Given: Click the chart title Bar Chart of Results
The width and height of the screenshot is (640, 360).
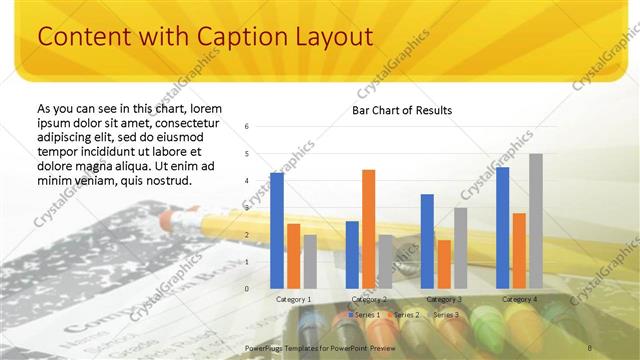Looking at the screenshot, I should (402, 110).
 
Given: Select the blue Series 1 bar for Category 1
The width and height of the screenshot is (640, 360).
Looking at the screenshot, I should (277, 230).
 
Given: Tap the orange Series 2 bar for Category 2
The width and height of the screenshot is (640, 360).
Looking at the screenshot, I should (368, 229).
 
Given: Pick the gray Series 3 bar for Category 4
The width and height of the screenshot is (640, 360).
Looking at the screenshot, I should (536, 221).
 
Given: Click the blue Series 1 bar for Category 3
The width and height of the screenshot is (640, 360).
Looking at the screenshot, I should (427, 241).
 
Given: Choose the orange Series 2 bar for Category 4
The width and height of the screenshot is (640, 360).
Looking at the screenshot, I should (519, 250).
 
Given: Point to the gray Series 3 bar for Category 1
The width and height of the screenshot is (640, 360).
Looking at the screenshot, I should (310, 261).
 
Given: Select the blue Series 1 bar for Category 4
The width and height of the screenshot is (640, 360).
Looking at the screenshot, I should (502, 227).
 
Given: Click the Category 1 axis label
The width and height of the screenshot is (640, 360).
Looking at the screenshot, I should (294, 299).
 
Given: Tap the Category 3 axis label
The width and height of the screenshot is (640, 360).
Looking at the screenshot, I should (444, 299).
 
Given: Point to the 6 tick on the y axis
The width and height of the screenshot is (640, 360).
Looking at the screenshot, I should (247, 127).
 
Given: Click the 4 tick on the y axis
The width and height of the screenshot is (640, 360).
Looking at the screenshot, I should (247, 181).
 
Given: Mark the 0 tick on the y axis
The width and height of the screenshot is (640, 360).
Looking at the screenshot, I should (247, 288).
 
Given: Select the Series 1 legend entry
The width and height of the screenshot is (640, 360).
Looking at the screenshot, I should (362, 315).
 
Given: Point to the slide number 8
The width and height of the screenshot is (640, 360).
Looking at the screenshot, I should (590, 347).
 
